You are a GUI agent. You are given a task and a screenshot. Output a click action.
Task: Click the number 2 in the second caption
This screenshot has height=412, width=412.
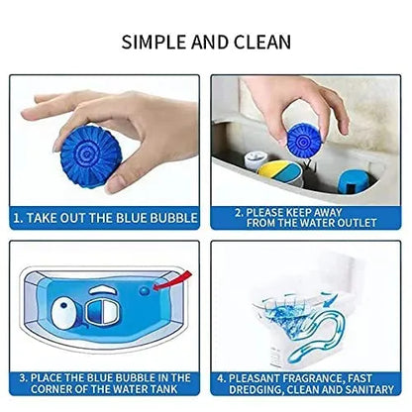(x=238, y=211)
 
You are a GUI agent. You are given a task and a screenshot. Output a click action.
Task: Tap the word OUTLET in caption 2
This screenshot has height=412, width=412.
(x=364, y=224)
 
